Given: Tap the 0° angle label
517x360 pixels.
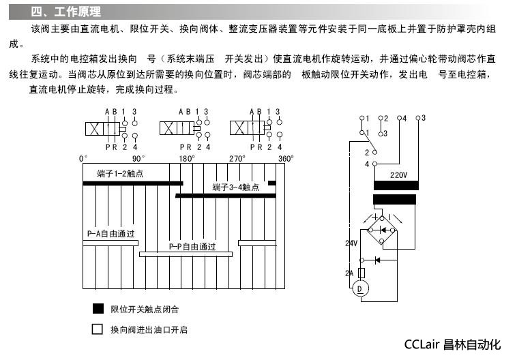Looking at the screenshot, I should pyautogui.click(x=83, y=158).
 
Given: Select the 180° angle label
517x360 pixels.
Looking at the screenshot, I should pyautogui.click(x=186, y=158).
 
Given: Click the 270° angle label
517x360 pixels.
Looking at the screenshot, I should pyautogui.click(x=237, y=158).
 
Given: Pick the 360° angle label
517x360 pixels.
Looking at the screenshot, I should pyautogui.click(x=285, y=158).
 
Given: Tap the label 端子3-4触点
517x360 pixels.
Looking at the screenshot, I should pyautogui.click(x=235, y=187).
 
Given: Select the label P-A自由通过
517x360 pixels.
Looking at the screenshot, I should pyautogui.click(x=110, y=234).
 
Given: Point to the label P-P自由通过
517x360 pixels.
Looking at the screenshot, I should pyautogui.click(x=192, y=247).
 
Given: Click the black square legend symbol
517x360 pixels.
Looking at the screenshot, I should pyautogui.click(x=98, y=309).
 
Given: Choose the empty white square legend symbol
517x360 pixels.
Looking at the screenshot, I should pyautogui.click(x=98, y=330).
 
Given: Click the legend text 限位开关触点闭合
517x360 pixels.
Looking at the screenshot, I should pyautogui.click(x=145, y=310).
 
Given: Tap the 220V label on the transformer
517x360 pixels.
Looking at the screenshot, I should pyautogui.click(x=398, y=175).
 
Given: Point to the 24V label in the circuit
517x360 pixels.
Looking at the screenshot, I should pyautogui.click(x=351, y=243).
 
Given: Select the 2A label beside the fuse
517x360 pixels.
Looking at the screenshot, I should pyautogui.click(x=349, y=273).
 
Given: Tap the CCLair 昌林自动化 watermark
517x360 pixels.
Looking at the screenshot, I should pyautogui.click(x=452, y=344).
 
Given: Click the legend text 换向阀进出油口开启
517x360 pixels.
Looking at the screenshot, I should pyautogui.click(x=149, y=330).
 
